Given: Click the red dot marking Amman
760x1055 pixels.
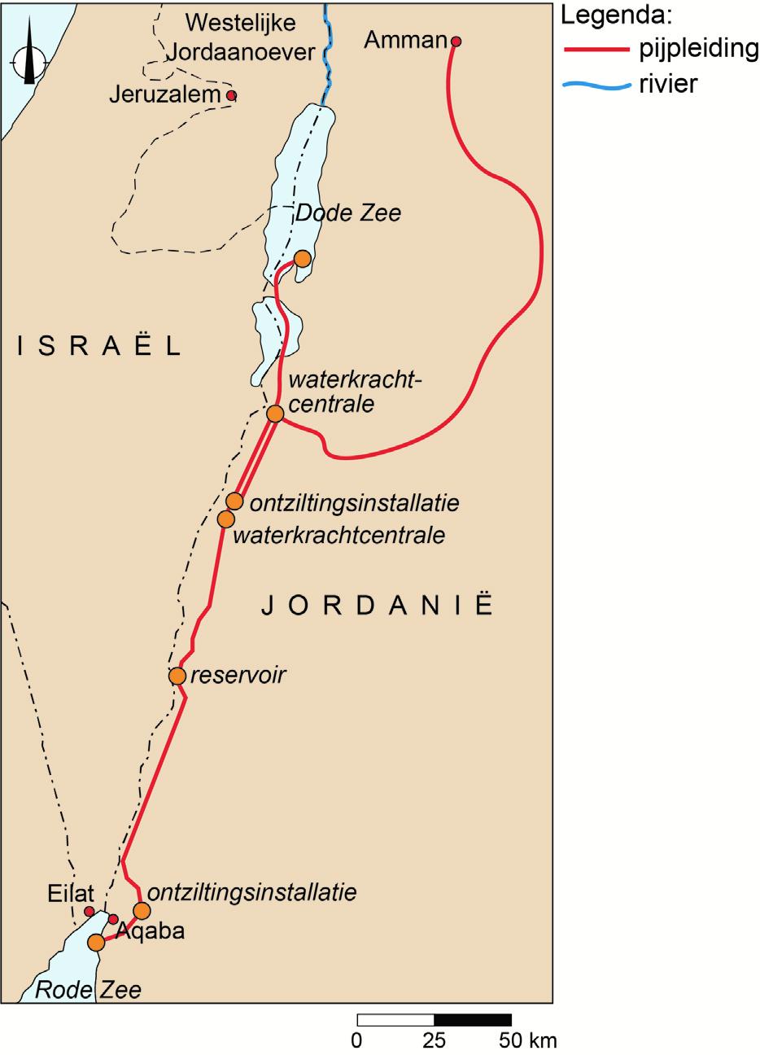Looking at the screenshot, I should pos(456,42).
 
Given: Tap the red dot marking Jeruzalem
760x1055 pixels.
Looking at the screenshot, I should pos(231,96).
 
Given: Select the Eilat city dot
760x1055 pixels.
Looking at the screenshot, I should pos(90,911).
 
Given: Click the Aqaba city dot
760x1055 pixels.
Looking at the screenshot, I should pos(114,919).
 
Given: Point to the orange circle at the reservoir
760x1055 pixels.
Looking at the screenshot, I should pos(177,676).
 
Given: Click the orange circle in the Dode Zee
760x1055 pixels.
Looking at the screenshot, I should pos(302,259).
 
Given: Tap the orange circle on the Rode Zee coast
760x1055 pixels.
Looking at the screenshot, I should pos(96,943).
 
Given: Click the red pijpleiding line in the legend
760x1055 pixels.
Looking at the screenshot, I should pos(596,50).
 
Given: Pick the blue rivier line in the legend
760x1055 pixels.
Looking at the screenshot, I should pos(596,83).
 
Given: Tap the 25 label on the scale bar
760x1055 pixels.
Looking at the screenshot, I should pos(434,1040).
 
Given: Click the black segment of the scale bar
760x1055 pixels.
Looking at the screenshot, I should pos(473,1020).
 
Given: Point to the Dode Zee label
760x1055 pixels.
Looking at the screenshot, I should pos(348,213).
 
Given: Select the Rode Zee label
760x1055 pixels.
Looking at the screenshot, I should pos(88,990).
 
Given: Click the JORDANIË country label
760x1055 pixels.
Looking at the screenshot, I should pos(378,606).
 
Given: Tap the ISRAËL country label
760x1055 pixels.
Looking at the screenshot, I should pos(98,347).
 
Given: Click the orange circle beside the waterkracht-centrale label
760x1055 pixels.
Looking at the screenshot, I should pos(275,414).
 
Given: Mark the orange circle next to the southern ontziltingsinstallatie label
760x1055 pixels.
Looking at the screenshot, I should pos(142,910).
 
